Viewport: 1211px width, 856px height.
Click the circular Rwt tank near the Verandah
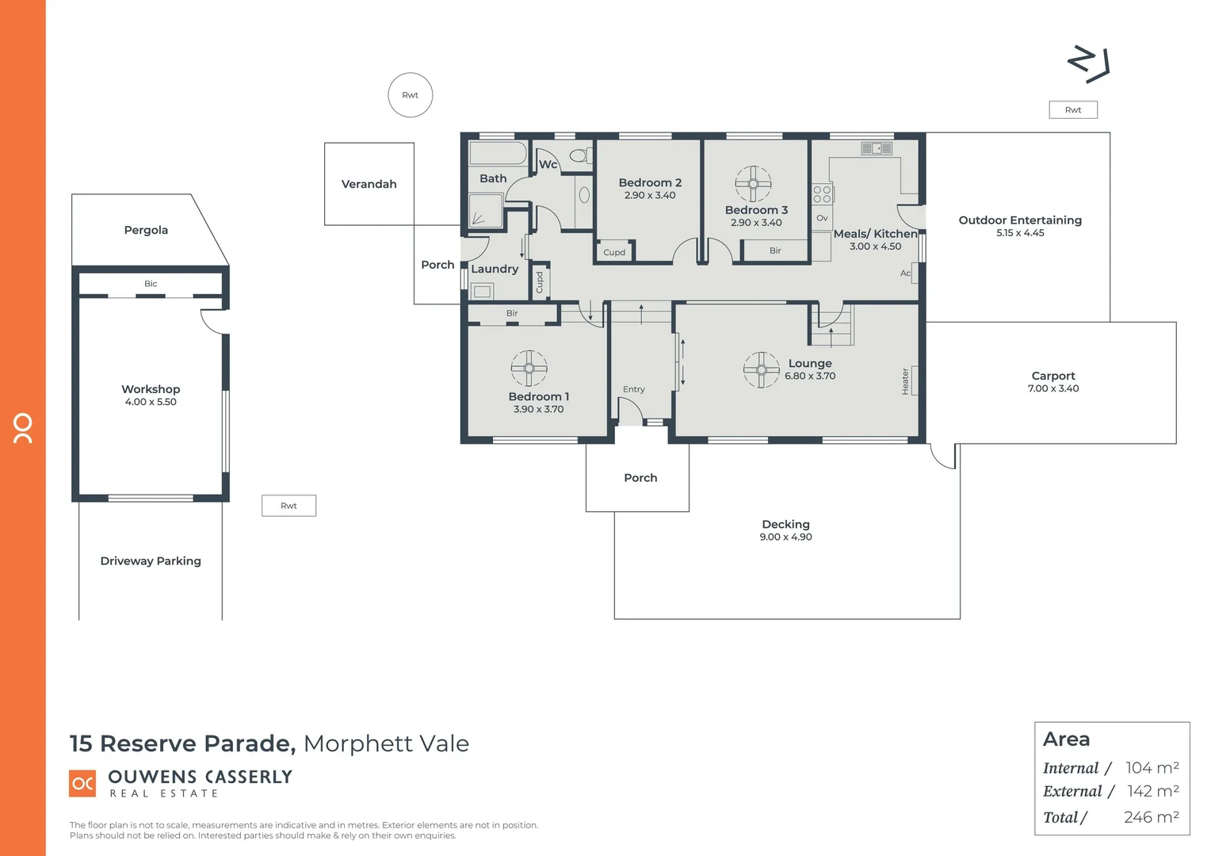coord(410,95)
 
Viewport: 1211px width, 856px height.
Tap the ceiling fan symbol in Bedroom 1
coord(529,368)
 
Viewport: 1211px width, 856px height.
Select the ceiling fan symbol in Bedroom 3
coord(753,185)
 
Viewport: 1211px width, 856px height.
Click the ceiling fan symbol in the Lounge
coord(761,369)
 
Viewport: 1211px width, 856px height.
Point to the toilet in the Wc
coord(580,155)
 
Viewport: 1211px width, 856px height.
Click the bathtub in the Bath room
coord(498,153)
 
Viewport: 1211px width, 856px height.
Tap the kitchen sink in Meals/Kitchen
coord(877,148)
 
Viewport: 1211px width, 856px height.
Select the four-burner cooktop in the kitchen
coord(822,193)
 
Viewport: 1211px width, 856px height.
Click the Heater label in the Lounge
coord(905,381)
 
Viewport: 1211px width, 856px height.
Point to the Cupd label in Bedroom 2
coord(614,253)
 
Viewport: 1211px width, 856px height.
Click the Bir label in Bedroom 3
coord(775,250)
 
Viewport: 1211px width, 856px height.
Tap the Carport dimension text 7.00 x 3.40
coord(1052,388)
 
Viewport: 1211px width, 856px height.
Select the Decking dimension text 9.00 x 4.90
coord(785,537)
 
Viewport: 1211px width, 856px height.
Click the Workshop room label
coord(151,389)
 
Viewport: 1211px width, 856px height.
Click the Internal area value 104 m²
coord(1152,768)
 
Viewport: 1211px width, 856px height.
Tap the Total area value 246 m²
coord(1151,817)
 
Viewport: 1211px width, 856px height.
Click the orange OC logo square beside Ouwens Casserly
coord(83,783)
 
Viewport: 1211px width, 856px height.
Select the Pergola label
coord(146,230)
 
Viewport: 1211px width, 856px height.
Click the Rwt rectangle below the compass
coord(1073,110)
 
